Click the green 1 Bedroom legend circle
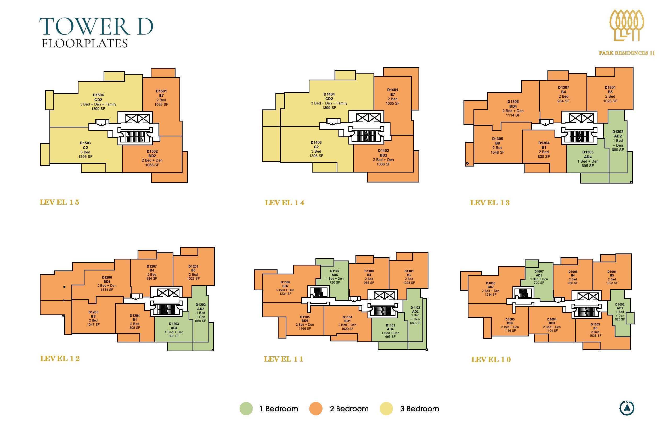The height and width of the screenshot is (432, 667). pyautogui.click(x=246, y=409)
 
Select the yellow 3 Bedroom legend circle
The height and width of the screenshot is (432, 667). pyautogui.click(x=386, y=409)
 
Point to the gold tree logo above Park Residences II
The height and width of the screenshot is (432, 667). pyautogui.click(x=627, y=29)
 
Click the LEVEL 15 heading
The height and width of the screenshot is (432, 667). pyautogui.click(x=59, y=202)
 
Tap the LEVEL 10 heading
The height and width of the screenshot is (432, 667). pyautogui.click(x=491, y=360)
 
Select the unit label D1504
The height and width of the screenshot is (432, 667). pyautogui.click(x=98, y=95)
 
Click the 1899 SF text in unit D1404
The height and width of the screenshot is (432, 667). pyautogui.click(x=329, y=108)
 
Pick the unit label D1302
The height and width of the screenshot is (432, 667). pyautogui.click(x=618, y=131)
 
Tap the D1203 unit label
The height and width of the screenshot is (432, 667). pyautogui.click(x=174, y=324)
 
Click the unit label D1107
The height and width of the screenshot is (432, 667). pyautogui.click(x=335, y=271)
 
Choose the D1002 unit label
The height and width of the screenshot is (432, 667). pyautogui.click(x=620, y=304)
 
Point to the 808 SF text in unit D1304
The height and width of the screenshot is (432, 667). pyautogui.click(x=544, y=157)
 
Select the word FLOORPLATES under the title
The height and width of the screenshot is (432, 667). pyautogui.click(x=85, y=43)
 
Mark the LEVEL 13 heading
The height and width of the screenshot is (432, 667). pyautogui.click(x=490, y=203)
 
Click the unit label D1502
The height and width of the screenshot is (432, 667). pyautogui.click(x=152, y=152)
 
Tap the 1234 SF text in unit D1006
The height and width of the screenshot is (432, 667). pyautogui.click(x=490, y=295)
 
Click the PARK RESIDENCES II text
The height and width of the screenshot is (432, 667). pyautogui.click(x=627, y=53)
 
